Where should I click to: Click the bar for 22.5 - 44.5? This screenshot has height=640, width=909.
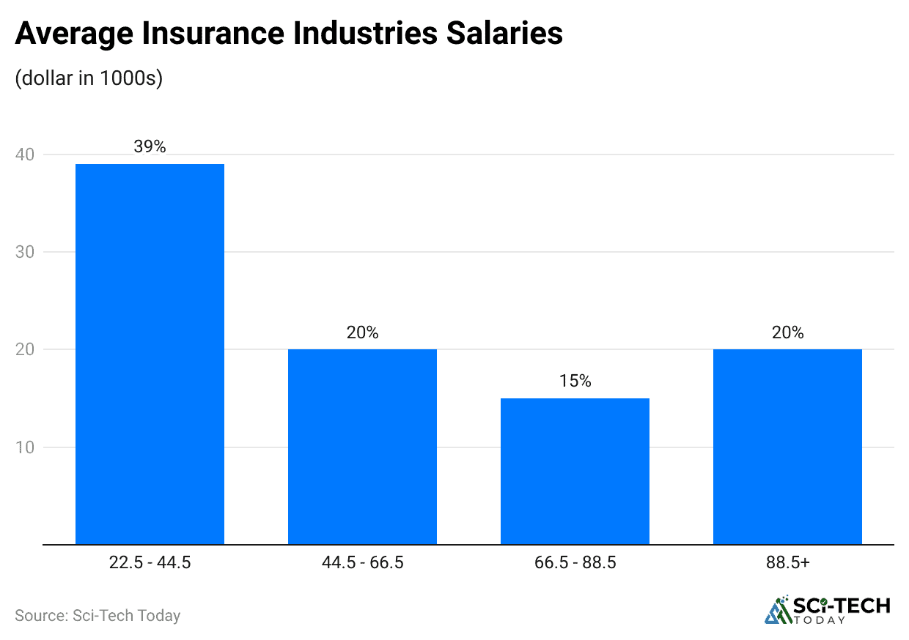150,354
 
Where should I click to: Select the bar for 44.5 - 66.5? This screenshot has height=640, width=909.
362,447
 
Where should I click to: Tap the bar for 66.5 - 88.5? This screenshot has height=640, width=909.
575,471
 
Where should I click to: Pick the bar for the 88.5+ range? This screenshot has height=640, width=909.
787,447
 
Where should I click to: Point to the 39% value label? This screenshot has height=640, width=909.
150,146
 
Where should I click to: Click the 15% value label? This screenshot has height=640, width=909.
575,382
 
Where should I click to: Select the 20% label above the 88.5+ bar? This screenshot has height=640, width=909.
787,332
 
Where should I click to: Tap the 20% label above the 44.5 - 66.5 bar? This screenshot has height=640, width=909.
362,332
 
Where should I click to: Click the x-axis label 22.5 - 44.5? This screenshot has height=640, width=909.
150,563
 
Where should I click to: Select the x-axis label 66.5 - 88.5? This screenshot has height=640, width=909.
575,563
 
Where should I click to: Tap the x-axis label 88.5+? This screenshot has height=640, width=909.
787,563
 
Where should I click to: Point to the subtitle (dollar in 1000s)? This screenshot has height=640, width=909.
89,78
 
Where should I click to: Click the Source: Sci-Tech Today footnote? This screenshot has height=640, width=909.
97,615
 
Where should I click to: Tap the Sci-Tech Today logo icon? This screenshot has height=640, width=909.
777,610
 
